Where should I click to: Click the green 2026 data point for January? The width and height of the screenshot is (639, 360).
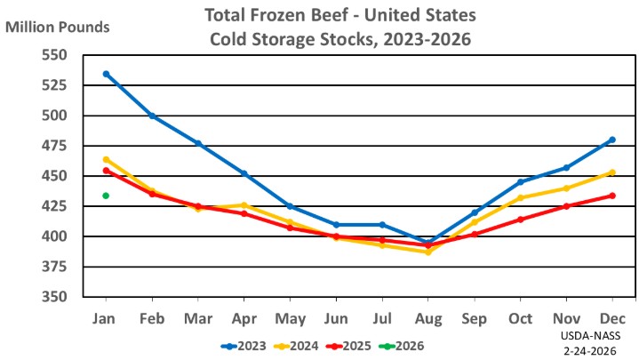click(x=106, y=196)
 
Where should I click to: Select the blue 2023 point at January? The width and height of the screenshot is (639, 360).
click(x=106, y=74)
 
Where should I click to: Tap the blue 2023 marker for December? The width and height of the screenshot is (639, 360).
click(x=612, y=140)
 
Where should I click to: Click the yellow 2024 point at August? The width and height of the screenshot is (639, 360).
click(x=428, y=252)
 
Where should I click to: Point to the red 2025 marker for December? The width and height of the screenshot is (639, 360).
click(x=612, y=196)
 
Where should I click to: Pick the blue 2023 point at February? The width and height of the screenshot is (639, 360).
click(x=152, y=116)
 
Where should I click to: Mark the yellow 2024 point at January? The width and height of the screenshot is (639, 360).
click(x=106, y=160)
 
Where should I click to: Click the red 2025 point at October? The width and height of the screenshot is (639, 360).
click(x=520, y=219)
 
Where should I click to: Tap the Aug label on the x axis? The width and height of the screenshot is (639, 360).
click(x=428, y=318)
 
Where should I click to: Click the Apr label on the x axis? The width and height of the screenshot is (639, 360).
click(x=244, y=318)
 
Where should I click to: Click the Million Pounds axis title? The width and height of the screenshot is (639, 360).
click(x=58, y=26)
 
